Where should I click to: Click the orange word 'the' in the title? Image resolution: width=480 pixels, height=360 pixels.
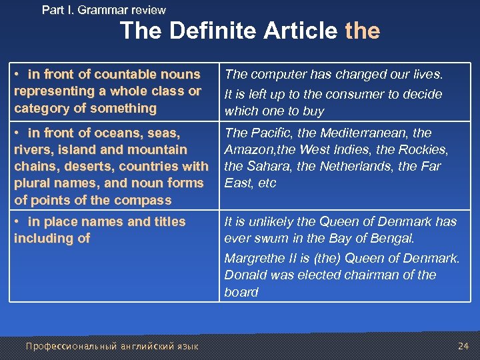coord(363,31)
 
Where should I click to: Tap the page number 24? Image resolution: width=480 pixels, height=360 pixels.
coord(463,345)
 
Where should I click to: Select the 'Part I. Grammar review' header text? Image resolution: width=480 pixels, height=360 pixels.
coord(104,10)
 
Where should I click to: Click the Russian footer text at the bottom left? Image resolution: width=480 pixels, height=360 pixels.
coord(112,345)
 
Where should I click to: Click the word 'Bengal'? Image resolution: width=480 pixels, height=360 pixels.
coord(397,238)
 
